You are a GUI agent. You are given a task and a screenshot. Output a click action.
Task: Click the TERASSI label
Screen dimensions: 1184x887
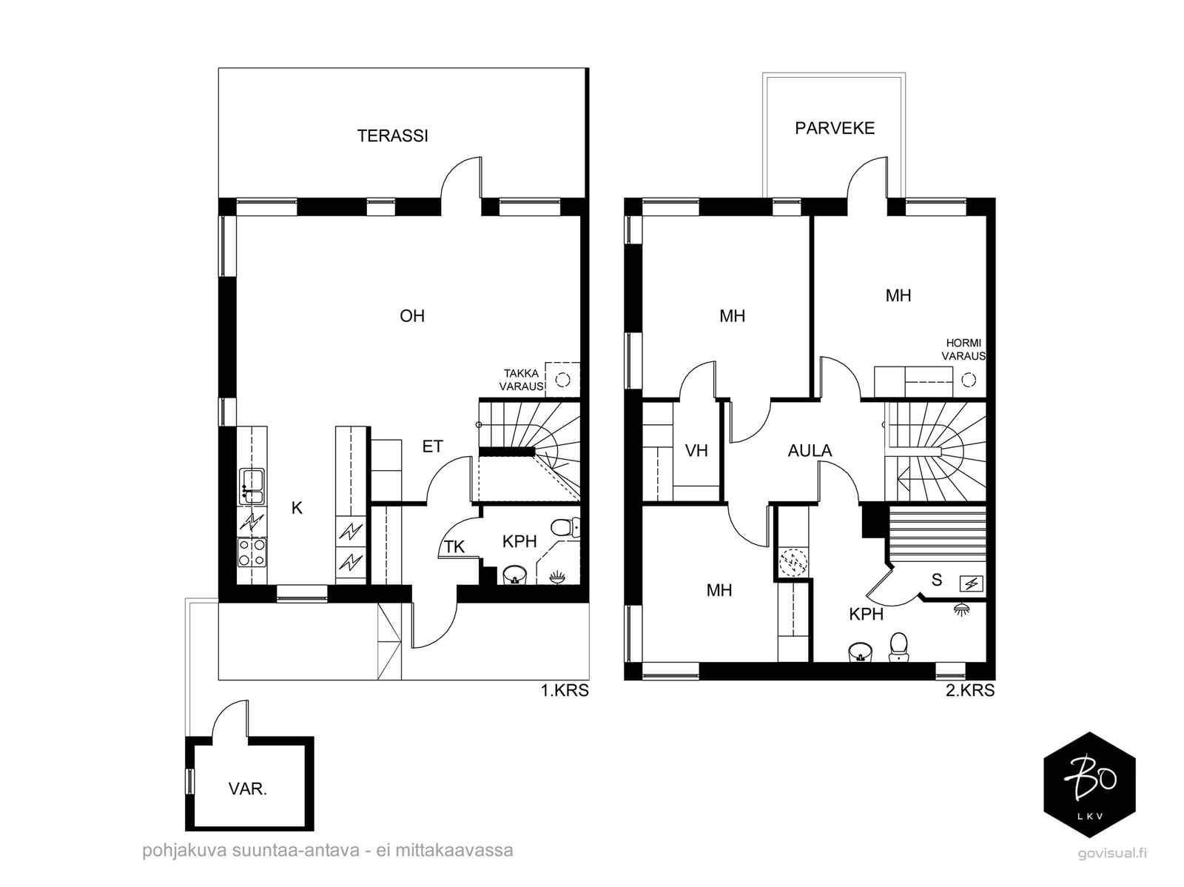click(x=392, y=135)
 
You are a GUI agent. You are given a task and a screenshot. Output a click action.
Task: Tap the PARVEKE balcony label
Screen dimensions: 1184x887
click(x=835, y=128)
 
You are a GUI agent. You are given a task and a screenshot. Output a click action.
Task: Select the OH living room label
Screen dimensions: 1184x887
click(x=412, y=315)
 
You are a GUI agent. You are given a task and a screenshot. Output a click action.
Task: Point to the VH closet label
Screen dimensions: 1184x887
click(x=696, y=450)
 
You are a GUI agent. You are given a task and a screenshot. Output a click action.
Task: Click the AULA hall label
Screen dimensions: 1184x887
click(x=810, y=450)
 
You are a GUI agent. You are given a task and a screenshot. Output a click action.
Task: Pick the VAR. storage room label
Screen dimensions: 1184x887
click(x=248, y=789)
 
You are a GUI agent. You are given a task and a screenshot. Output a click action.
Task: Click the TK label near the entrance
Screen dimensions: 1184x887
click(x=454, y=546)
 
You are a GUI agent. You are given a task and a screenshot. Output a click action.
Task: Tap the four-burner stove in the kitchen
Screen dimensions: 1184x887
click(x=252, y=552)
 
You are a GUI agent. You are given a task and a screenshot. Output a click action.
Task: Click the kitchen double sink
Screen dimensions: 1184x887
click(x=252, y=486)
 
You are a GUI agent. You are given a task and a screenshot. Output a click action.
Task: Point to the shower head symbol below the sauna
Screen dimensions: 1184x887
click(x=961, y=609)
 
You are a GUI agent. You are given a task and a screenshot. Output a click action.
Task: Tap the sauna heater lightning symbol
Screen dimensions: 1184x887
click(x=971, y=583)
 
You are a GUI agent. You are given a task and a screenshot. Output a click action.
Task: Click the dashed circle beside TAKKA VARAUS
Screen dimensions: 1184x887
click(x=562, y=380)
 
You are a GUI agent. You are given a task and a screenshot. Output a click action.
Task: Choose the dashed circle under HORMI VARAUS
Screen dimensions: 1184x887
click(x=969, y=380)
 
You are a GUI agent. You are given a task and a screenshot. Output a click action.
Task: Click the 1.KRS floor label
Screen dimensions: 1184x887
click(x=565, y=690)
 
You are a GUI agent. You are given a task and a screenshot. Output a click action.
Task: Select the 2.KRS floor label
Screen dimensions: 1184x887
click(x=970, y=690)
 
